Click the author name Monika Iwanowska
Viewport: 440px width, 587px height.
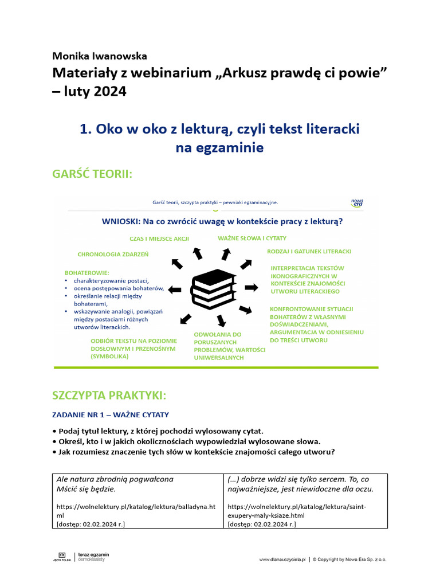(x=100, y=56)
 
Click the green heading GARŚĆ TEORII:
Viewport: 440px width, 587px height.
(x=92, y=173)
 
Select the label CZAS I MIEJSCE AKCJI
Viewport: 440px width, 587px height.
(x=159, y=238)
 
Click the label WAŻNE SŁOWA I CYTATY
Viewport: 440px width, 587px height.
(x=252, y=238)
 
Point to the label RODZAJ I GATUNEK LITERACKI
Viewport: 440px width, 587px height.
(x=309, y=251)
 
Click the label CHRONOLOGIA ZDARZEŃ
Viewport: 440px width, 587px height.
(x=113, y=254)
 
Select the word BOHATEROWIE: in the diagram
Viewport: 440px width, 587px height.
(x=87, y=272)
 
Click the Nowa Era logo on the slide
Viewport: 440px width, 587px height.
(x=357, y=202)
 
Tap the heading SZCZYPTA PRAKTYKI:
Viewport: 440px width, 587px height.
(x=109, y=396)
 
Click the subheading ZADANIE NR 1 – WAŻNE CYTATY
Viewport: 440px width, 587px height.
(x=111, y=414)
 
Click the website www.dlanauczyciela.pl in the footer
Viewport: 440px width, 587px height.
(x=283, y=559)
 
